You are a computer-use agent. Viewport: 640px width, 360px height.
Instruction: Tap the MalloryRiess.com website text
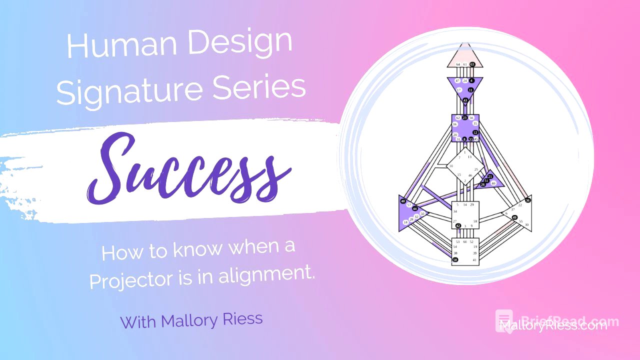click(553, 325)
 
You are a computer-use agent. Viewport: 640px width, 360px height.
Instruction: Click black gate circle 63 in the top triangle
click(471, 64)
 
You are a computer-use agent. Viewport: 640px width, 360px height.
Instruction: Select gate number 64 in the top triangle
click(458, 64)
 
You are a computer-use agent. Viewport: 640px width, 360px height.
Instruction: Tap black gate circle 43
click(465, 100)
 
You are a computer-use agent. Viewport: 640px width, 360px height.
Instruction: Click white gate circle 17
click(459, 90)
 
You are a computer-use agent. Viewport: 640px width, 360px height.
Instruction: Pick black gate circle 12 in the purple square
click(475, 132)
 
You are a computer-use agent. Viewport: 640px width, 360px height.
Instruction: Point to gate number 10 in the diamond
click(451, 166)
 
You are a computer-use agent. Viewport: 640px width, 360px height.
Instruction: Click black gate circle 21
click(490, 176)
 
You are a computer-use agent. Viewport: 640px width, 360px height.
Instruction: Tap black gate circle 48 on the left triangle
click(403, 201)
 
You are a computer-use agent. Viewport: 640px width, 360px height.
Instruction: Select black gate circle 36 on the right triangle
click(527, 200)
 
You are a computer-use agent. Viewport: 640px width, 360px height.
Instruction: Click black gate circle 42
click(458, 226)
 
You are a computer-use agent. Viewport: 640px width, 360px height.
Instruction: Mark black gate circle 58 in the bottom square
click(455, 260)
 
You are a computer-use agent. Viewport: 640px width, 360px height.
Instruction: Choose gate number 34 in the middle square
click(455, 211)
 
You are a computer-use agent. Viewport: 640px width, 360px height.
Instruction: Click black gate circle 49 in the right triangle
click(514, 217)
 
